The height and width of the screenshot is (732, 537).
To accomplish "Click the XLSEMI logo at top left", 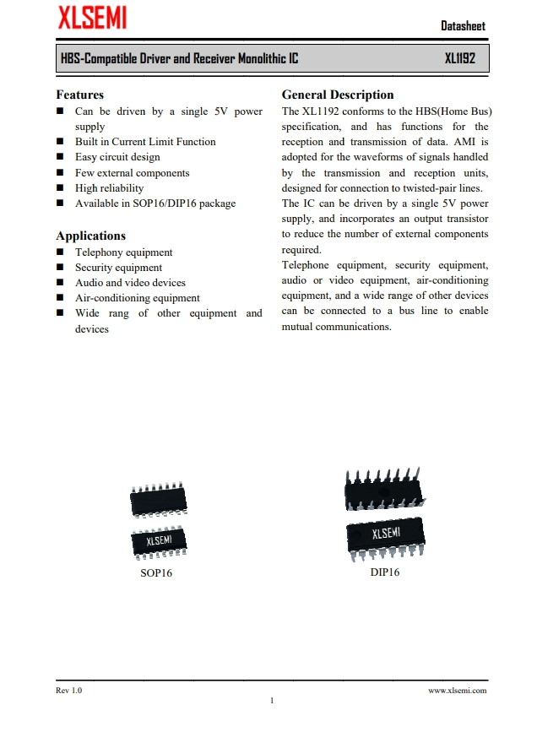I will [x=91, y=17].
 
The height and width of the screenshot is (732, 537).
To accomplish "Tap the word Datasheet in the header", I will [x=463, y=25].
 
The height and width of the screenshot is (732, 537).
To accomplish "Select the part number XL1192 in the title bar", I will [x=460, y=59].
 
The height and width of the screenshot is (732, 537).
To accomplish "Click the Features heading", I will [x=79, y=95].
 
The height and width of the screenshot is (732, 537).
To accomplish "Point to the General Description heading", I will [x=338, y=95].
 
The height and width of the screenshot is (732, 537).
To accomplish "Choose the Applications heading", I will [x=90, y=236].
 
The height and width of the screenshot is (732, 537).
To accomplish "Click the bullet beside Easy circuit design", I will [x=60, y=157].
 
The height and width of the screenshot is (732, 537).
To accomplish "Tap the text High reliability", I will [x=109, y=188].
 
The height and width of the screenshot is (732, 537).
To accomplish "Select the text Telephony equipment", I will [x=123, y=252].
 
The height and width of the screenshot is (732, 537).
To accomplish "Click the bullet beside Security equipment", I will [x=60, y=268].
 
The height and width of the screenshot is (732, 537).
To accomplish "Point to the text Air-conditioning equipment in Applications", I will [x=137, y=298].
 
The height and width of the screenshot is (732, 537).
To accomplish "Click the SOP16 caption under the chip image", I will [x=156, y=573].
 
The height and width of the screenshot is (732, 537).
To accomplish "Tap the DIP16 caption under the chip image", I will [x=385, y=572].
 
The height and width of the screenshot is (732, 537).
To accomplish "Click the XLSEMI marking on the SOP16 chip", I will [x=161, y=540].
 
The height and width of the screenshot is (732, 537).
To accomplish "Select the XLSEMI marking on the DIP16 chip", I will [x=386, y=534].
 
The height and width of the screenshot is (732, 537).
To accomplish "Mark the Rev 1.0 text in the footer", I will [x=69, y=691].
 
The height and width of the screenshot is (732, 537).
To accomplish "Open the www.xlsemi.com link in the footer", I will [x=458, y=691].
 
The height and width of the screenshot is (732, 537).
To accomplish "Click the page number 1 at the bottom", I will [x=272, y=702].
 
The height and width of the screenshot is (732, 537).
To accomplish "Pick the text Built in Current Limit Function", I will [x=145, y=142].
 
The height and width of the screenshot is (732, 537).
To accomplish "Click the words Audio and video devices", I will [x=130, y=283].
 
